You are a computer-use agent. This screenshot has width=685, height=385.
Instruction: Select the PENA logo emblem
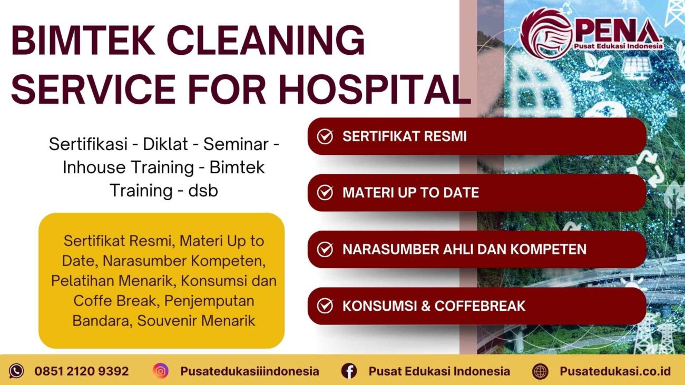546,33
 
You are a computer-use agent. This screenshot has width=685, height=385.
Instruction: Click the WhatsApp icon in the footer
16,371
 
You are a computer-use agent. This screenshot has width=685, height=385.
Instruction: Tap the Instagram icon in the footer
161,371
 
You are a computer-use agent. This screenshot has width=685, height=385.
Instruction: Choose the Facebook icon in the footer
349,371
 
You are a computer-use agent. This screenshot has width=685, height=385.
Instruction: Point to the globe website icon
540,371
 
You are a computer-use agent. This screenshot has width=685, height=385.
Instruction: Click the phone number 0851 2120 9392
81,371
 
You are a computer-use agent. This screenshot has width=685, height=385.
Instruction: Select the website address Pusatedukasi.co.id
615,371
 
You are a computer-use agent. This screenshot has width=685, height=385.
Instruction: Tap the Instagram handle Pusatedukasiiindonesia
249,371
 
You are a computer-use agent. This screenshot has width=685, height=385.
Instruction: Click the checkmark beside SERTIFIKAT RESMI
325,136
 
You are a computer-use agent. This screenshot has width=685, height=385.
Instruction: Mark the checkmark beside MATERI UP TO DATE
325,193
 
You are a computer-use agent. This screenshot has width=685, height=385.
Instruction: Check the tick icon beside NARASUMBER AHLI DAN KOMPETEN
325,249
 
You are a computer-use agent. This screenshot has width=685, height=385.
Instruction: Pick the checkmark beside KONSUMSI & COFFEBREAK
325,305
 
